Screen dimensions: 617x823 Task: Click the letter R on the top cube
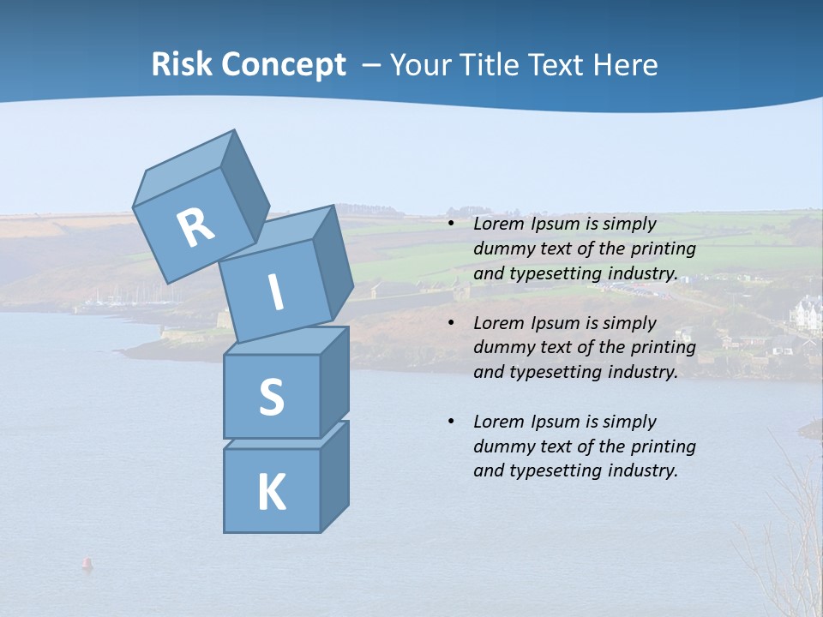click(x=195, y=228)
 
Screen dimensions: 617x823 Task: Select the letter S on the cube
click(x=271, y=397)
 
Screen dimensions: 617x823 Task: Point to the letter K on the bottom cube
click(x=271, y=493)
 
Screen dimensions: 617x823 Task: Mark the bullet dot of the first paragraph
click(x=452, y=225)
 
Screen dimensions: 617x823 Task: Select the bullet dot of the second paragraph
click(x=452, y=323)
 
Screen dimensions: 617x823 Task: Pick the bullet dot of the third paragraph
click(x=452, y=422)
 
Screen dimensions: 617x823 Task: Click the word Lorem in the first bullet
click(x=497, y=225)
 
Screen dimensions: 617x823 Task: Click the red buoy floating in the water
click(x=87, y=563)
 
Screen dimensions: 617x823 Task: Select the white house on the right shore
click(x=807, y=314)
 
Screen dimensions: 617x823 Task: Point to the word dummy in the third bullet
click(x=502, y=446)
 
